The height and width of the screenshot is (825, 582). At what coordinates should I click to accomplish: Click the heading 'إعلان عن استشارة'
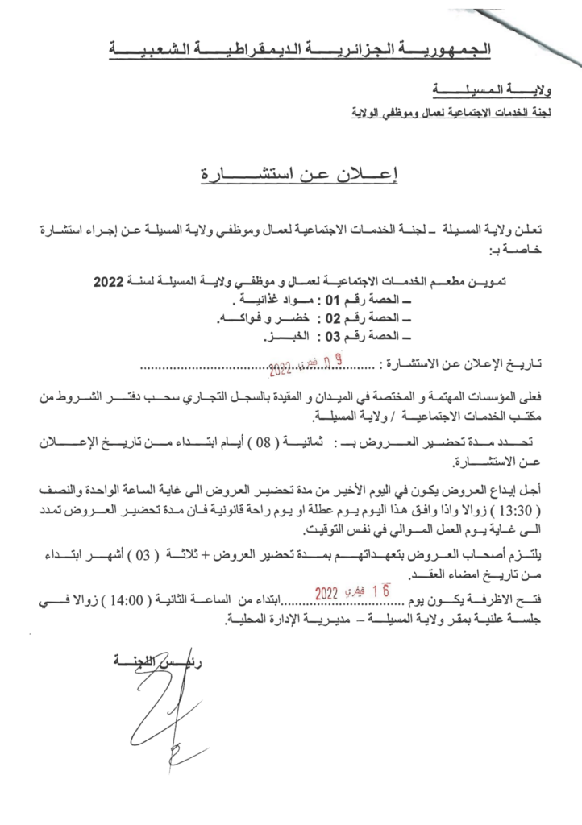coord(291,176)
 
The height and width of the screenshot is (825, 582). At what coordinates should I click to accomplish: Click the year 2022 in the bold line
coord(107,283)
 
